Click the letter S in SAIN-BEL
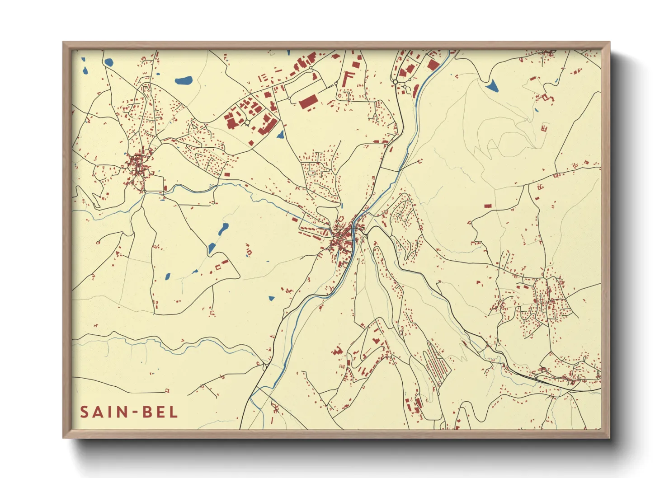tap(84, 412)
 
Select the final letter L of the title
tap(174, 412)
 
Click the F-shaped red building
tap(348, 79)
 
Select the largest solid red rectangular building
tap(308, 102)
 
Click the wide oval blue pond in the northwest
tap(184, 81)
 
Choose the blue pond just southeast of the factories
tap(280, 134)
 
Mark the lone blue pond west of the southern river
tap(271, 298)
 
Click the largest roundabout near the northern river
tap(396, 82)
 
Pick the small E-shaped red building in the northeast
tap(544, 128)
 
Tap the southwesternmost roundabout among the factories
tap(247, 122)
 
